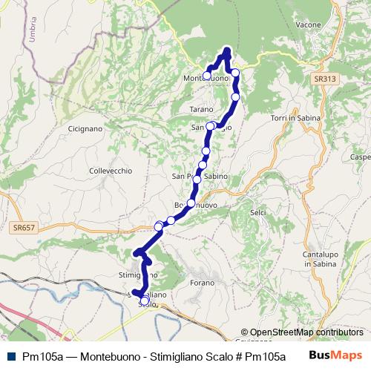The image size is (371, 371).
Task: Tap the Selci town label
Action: pyautogui.click(x=258, y=212)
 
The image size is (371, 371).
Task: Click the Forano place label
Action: pyautogui.click(x=202, y=281)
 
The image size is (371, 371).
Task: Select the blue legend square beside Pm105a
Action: pyautogui.click(x=9, y=356)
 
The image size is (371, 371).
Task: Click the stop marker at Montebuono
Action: pyautogui.click(x=207, y=75)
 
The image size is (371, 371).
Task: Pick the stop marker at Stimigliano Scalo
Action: pyautogui.click(x=136, y=293)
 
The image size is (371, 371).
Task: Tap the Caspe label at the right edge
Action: pyautogui.click(x=361, y=158)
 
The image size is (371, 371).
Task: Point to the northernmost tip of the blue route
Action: pyautogui.click(x=227, y=50)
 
